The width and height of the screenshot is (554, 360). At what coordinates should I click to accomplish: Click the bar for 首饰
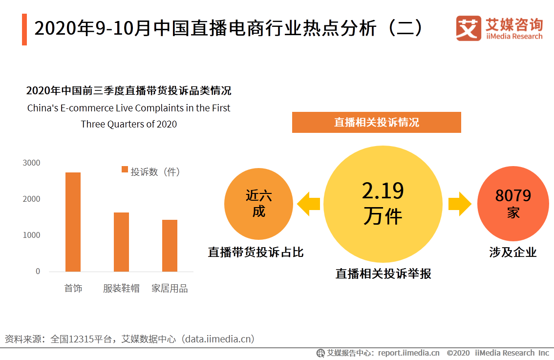pyautogui.click(x=73, y=222)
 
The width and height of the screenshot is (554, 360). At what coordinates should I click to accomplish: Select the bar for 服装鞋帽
pyautogui.click(x=121, y=242)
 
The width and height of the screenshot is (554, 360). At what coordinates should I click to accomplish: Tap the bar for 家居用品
pyautogui.click(x=170, y=245)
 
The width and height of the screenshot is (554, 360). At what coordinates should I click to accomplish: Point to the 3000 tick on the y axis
pyautogui.click(x=31, y=163)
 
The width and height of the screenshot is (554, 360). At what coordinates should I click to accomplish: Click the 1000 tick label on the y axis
pyautogui.click(x=31, y=235)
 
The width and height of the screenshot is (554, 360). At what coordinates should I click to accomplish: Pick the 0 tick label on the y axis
pyautogui.click(x=38, y=272)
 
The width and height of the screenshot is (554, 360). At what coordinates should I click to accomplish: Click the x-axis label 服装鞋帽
pyautogui.click(x=121, y=289)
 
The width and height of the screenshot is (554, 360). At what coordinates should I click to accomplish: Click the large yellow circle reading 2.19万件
pyautogui.click(x=383, y=204)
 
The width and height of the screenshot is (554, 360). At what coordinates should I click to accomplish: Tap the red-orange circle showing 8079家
pyautogui.click(x=512, y=205)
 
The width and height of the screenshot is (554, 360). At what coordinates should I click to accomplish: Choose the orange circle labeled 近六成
pyautogui.click(x=258, y=204)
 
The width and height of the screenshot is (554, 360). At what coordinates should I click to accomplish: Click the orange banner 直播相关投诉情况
pyautogui.click(x=376, y=122)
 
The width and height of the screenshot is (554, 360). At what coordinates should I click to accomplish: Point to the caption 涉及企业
pyautogui.click(x=512, y=253)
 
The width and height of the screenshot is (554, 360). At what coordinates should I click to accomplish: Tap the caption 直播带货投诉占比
pyautogui.click(x=256, y=253)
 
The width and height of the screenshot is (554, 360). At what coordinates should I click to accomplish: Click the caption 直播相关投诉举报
pyautogui.click(x=383, y=274)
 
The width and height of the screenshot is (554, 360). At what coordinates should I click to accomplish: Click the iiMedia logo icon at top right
pyautogui.click(x=469, y=28)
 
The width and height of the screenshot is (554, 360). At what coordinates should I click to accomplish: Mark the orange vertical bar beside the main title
pyautogui.click(x=24, y=29)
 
